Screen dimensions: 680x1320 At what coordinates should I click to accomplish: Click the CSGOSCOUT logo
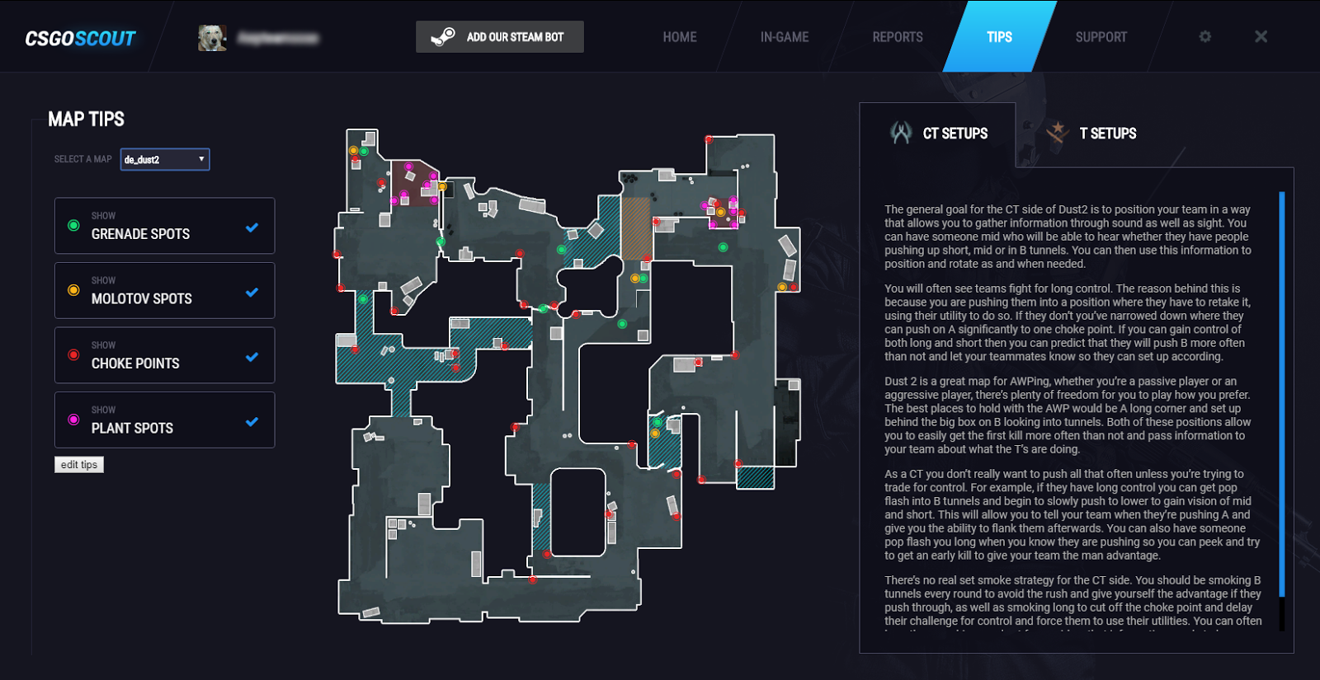click(x=80, y=39)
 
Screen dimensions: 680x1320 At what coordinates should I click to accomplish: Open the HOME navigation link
click(x=679, y=37)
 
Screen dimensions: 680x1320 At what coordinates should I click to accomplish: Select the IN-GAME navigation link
click(x=784, y=37)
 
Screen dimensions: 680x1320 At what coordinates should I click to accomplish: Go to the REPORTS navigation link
click(x=898, y=37)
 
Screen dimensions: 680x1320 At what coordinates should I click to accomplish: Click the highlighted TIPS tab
click(x=999, y=37)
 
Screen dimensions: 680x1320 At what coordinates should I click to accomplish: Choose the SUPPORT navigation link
click(x=1101, y=37)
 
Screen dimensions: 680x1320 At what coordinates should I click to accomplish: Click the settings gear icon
click(x=1205, y=37)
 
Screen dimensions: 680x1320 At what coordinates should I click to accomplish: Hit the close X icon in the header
click(x=1261, y=37)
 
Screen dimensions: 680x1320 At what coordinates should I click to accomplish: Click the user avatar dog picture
click(x=212, y=38)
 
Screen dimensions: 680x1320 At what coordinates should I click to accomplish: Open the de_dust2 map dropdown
click(x=165, y=159)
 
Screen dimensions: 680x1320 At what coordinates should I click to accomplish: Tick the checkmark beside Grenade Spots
click(x=252, y=227)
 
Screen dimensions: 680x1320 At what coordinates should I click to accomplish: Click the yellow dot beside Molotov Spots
click(x=73, y=290)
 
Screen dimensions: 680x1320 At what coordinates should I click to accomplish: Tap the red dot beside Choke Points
click(x=73, y=355)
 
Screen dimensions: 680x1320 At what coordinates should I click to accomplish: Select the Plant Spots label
click(x=132, y=428)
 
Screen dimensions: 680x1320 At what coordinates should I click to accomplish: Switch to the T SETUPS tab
click(x=1107, y=134)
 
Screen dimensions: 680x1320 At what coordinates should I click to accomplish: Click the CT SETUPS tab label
click(x=955, y=134)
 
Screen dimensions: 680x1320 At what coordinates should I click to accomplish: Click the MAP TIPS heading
click(x=86, y=120)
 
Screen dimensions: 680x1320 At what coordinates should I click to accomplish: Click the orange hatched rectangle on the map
click(x=635, y=228)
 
